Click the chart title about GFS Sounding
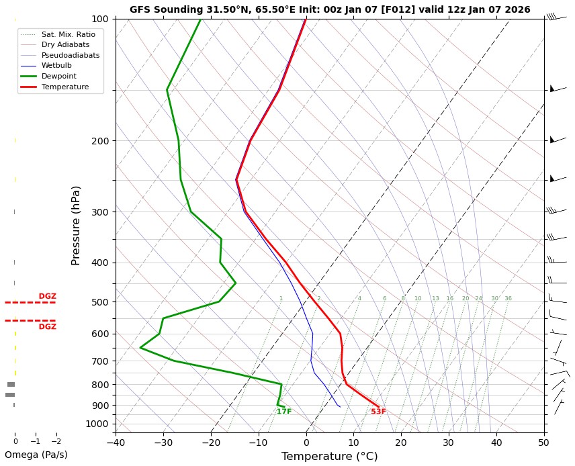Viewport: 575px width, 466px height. click(x=330, y=9)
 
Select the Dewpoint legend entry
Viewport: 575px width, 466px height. click(x=59, y=77)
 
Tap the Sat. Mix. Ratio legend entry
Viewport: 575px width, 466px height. click(x=68, y=34)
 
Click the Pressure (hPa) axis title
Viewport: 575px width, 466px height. click(x=76, y=225)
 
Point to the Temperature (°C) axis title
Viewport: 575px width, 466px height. click(x=330, y=457)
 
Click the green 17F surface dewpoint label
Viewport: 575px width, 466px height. click(x=284, y=412)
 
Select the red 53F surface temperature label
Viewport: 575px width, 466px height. click(x=379, y=412)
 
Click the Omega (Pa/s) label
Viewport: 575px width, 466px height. click(x=36, y=455)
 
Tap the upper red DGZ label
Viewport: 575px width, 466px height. click(x=47, y=296)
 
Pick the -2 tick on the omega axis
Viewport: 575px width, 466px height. click(x=56, y=441)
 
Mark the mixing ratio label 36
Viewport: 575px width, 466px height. click(x=508, y=298)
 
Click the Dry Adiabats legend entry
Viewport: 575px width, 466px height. click(x=65, y=44)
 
